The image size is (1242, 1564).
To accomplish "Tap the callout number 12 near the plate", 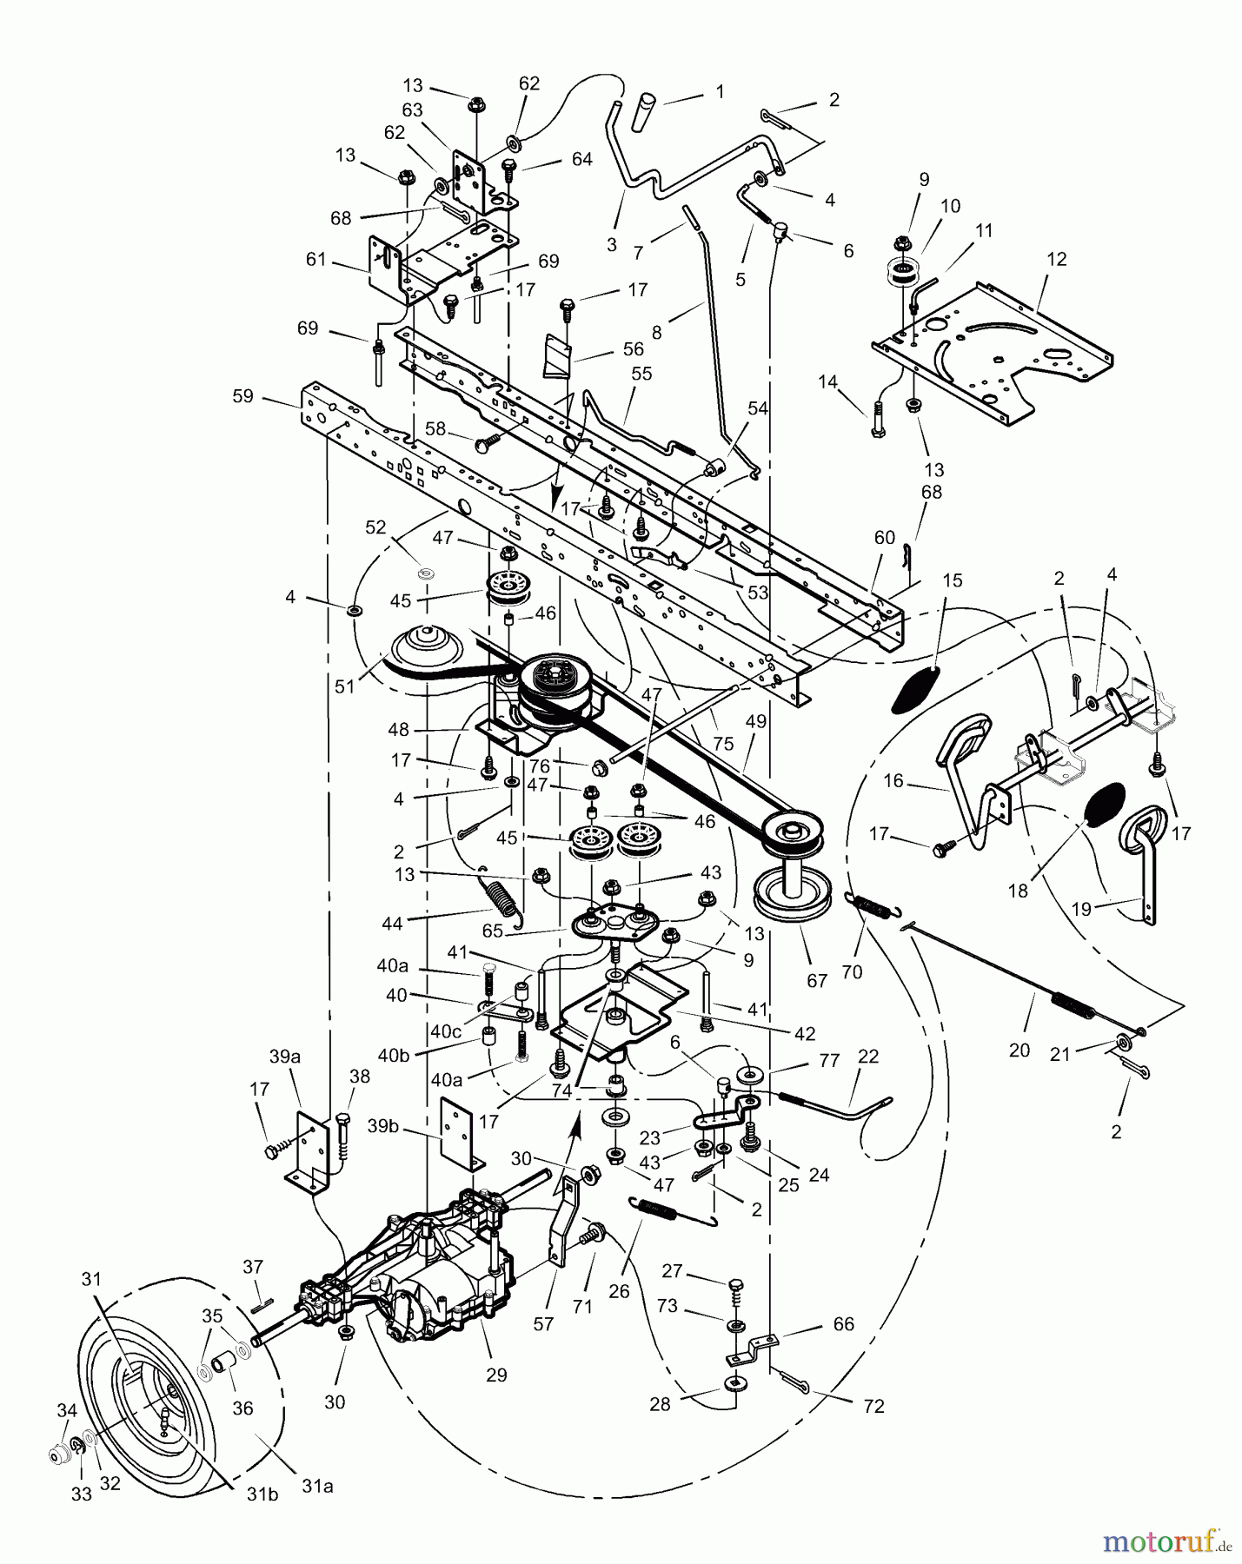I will click(x=1056, y=259).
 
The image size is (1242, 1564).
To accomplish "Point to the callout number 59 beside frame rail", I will click(x=242, y=396).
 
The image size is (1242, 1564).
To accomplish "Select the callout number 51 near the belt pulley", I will click(x=345, y=686).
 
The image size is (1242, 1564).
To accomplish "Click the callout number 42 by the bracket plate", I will click(x=804, y=1034).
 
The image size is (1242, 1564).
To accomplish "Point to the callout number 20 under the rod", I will click(x=1019, y=1050).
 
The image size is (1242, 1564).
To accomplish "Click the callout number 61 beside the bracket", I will click(x=315, y=259).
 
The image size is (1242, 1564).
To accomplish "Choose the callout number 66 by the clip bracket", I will click(x=842, y=1323).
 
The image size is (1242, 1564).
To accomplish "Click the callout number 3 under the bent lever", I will click(x=611, y=245).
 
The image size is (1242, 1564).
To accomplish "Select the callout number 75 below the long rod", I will click(x=722, y=743).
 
